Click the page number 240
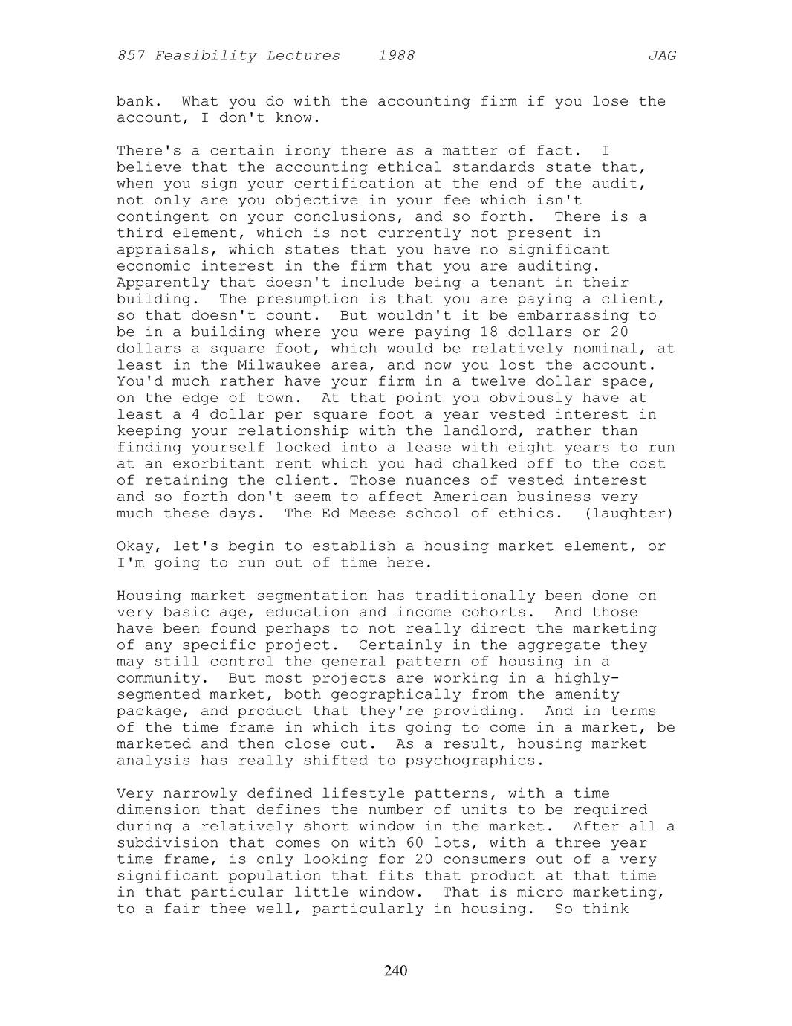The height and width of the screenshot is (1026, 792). [x=395, y=971]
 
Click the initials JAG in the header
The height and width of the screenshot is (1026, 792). [x=661, y=56]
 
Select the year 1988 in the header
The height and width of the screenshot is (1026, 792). [x=396, y=56]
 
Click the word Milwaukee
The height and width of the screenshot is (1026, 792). [x=279, y=365]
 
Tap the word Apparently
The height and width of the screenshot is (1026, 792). [x=163, y=283]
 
